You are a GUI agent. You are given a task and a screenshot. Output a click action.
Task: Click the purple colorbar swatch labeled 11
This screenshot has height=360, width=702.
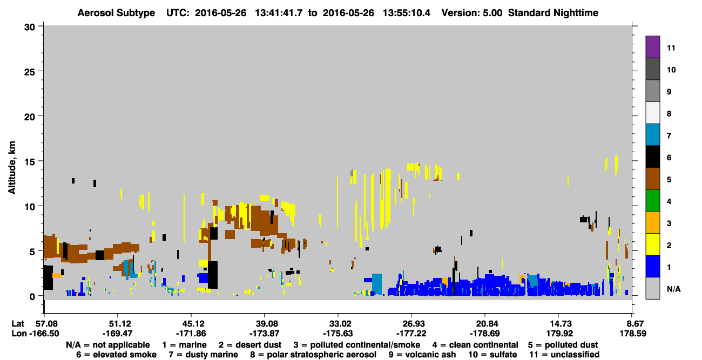(652, 46)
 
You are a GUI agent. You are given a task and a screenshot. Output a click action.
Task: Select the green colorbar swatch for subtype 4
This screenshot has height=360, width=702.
(652, 201)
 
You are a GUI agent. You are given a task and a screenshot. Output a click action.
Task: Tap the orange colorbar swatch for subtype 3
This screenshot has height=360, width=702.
(652, 222)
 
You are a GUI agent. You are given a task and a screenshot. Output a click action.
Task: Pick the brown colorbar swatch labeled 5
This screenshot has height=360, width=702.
(652, 179)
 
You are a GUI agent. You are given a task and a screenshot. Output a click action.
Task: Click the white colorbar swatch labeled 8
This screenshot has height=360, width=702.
(652, 112)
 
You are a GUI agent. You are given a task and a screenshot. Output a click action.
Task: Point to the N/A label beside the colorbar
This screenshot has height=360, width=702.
(674, 289)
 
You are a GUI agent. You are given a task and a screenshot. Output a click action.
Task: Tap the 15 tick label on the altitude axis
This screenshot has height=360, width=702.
(30, 162)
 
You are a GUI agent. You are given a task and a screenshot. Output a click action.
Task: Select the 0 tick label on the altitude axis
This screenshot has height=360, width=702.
(32, 297)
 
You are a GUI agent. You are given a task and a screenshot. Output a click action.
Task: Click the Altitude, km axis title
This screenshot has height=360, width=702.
(12, 168)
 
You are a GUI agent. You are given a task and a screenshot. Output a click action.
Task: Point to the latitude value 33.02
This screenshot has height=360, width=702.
(338, 324)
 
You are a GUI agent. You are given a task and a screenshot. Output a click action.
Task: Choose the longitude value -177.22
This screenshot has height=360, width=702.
(411, 334)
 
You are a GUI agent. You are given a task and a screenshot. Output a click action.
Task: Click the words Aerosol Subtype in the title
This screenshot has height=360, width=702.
(116, 13)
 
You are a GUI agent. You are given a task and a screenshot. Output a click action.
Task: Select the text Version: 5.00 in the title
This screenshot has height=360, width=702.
(472, 13)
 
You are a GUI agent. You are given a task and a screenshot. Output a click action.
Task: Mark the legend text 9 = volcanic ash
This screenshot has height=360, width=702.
(422, 355)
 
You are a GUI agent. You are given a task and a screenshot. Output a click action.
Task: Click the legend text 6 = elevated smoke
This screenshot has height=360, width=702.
(116, 355)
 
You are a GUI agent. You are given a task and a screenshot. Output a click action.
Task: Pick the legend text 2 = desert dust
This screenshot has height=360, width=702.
(250, 345)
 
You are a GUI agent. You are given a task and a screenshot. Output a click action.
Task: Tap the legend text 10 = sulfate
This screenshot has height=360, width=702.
(492, 355)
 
